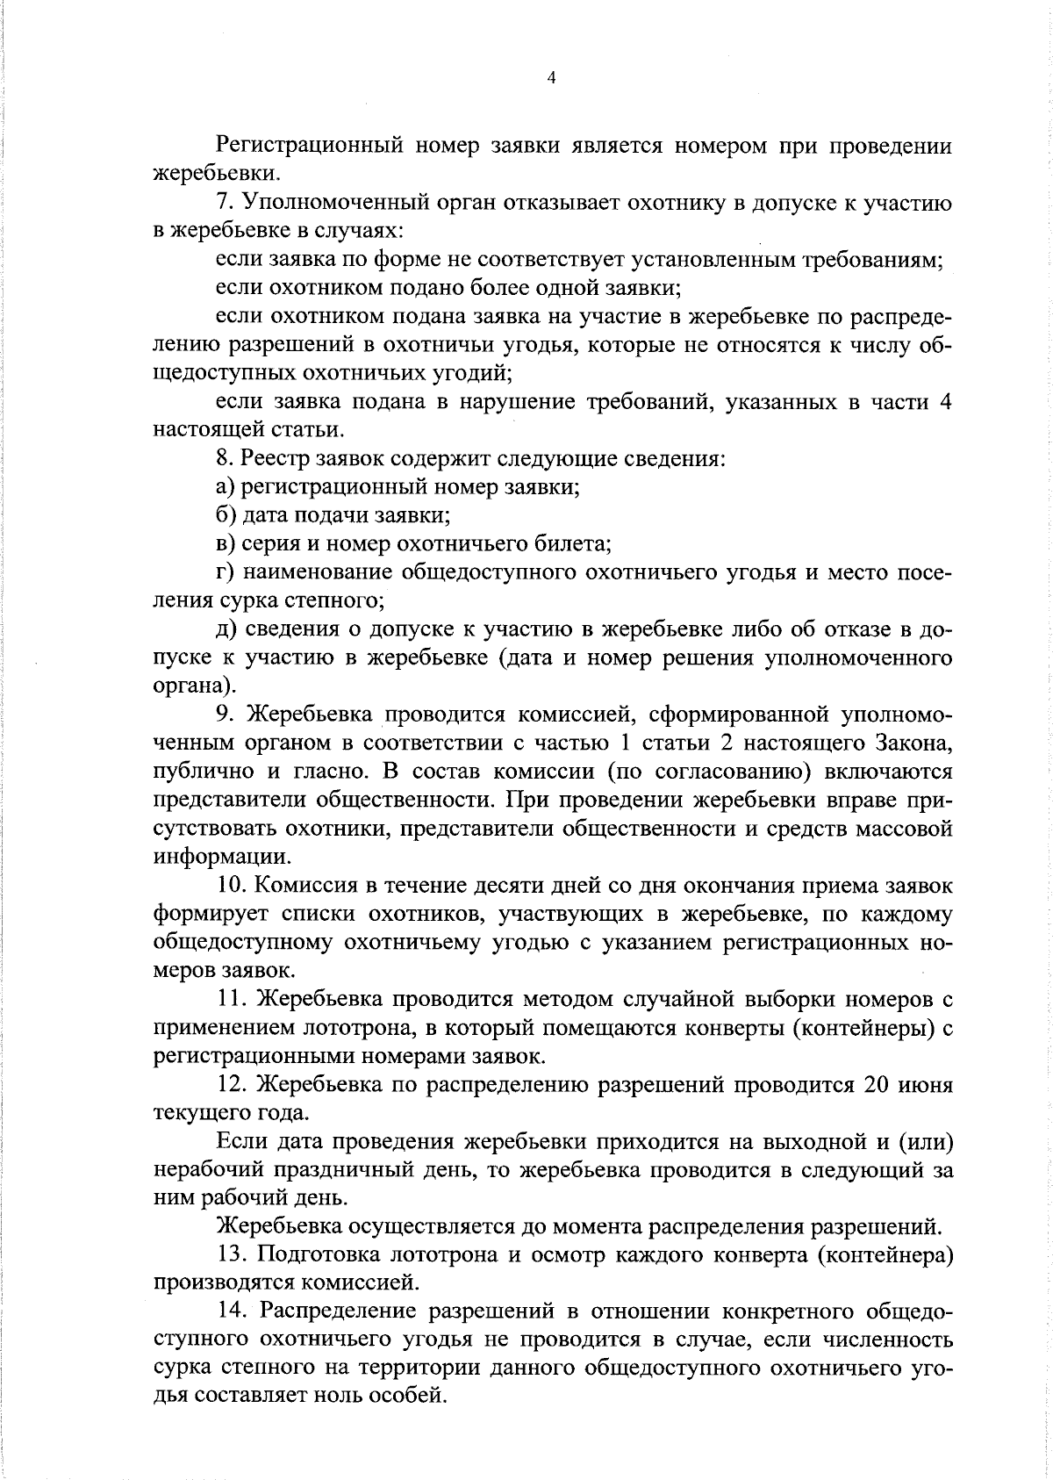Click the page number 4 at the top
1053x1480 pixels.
551,78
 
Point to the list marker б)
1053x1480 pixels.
226,515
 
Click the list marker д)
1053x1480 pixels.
226,629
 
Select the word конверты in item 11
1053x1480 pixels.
722,1028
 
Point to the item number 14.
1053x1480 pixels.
232,1312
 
